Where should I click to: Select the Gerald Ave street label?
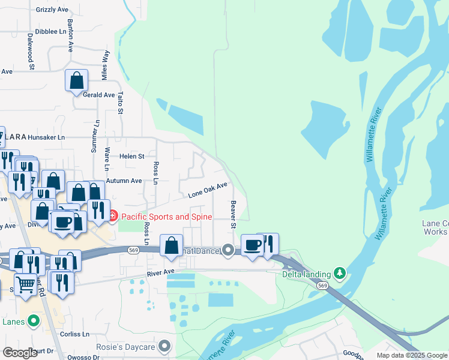(x=98, y=95)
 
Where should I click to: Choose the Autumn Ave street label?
(x=124, y=181)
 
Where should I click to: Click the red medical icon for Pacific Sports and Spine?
(x=113, y=216)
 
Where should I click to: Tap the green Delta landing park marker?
(x=340, y=274)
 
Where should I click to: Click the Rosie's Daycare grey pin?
(x=165, y=346)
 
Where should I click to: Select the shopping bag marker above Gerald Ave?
(x=77, y=80)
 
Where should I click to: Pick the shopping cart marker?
(x=25, y=284)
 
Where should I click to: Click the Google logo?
(x=20, y=353)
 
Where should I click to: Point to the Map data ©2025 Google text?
(x=412, y=355)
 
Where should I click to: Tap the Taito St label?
(x=120, y=103)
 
